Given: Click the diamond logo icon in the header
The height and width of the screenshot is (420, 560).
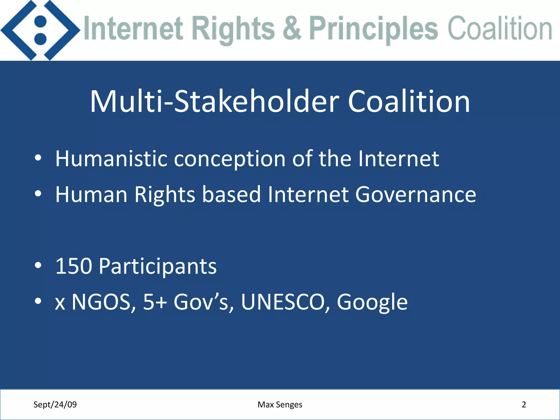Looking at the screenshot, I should pyautogui.click(x=40, y=30).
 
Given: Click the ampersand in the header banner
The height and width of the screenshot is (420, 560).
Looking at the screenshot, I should pyautogui.click(x=292, y=29).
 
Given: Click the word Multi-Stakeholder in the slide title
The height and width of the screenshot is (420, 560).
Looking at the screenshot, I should pyautogui.click(x=215, y=102).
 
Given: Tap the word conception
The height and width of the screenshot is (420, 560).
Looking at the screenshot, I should pyautogui.click(x=230, y=159).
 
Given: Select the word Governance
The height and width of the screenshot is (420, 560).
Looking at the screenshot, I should pyautogui.click(x=416, y=195).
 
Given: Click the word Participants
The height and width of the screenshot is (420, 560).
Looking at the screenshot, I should pyautogui.click(x=158, y=267).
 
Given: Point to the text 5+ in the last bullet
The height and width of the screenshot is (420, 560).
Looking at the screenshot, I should pyautogui.click(x=155, y=302).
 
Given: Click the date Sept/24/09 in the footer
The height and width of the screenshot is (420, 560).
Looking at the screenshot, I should pyautogui.click(x=55, y=404).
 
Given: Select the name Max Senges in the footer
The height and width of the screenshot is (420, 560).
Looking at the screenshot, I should pyautogui.click(x=280, y=404).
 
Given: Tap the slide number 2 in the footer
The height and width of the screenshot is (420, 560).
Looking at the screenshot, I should pyautogui.click(x=524, y=404).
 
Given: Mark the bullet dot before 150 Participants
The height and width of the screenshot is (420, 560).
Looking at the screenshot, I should pyautogui.click(x=38, y=265).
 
